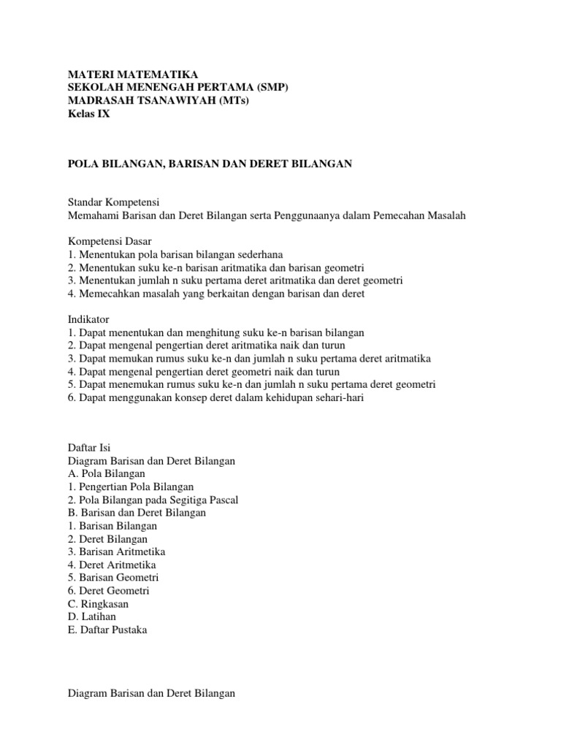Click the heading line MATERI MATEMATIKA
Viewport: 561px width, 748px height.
132,75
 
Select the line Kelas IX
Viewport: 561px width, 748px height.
89,114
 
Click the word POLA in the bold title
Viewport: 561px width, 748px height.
82,164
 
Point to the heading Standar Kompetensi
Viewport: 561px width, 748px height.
114,202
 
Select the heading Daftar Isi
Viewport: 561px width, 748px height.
89,448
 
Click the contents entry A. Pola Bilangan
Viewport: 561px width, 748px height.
107,474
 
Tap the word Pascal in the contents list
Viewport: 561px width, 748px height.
223,500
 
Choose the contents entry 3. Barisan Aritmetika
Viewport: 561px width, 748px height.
117,552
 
